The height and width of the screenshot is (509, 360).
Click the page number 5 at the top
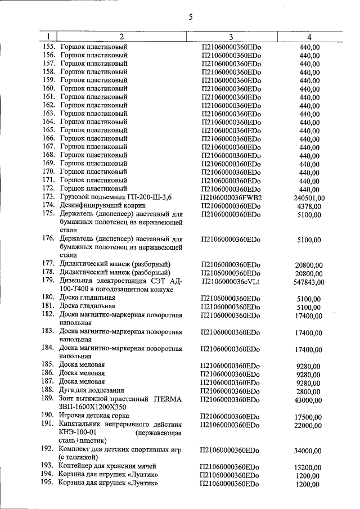[x=190, y=17]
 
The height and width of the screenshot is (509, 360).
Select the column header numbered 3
[x=231, y=37]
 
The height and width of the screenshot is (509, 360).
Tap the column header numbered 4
[x=310, y=37]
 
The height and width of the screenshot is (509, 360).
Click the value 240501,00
[x=309, y=198]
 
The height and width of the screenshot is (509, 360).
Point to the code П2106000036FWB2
[x=232, y=197]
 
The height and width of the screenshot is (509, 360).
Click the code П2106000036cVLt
[x=231, y=281]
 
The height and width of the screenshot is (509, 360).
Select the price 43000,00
[x=309, y=399]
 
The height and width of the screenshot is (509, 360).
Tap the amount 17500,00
[x=309, y=416]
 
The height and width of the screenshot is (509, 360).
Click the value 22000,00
[x=309, y=427]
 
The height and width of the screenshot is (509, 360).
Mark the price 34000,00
[x=309, y=451]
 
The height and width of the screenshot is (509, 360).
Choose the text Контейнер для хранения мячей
[x=108, y=466]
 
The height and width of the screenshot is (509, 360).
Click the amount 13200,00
[x=309, y=467]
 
